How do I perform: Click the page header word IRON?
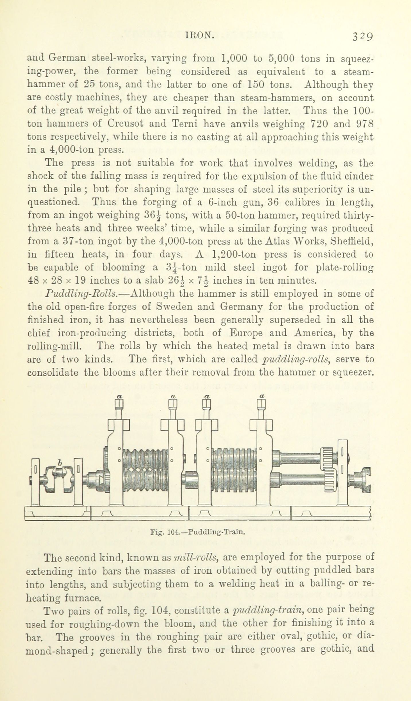click(200, 35)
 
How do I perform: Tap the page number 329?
click(363, 37)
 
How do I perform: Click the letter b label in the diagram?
click(60, 463)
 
